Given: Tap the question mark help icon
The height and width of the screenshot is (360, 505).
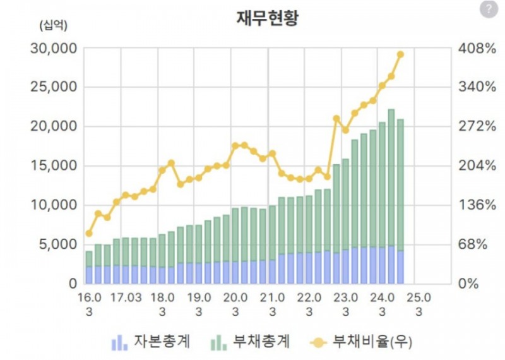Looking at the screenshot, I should point(488,9).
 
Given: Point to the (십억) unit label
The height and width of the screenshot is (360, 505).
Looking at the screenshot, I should point(53,26).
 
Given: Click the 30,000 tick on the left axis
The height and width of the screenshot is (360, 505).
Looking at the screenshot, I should point(54,48).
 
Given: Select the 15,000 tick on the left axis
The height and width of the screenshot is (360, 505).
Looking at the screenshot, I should point(54,166).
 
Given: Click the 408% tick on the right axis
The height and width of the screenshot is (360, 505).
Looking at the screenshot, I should point(477,48).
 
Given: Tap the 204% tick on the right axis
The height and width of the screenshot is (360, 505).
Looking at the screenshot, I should point(477,166).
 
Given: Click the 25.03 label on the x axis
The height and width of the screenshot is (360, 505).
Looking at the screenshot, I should point(419,304).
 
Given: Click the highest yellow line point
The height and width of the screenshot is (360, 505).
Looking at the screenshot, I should point(400,54).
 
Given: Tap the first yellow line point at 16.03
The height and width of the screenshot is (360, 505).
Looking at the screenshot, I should point(89,234).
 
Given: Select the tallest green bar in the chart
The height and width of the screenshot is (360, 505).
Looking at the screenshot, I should point(391,177).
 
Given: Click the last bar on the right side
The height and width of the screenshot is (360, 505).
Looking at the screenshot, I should point(400,202).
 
